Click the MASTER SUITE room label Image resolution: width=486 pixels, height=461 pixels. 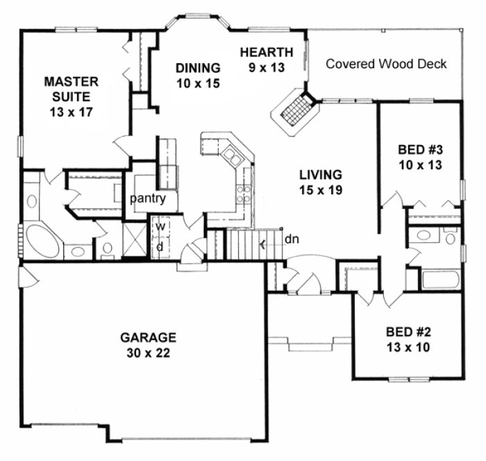[69, 95]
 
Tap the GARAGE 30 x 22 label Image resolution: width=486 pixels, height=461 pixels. [148, 344]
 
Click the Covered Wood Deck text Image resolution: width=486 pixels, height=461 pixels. [387, 65]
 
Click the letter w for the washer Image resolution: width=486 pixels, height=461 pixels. [159, 226]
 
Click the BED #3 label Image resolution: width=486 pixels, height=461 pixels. [419, 157]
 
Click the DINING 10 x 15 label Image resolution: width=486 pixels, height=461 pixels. [197, 75]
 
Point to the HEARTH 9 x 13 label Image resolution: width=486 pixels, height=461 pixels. [267, 59]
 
